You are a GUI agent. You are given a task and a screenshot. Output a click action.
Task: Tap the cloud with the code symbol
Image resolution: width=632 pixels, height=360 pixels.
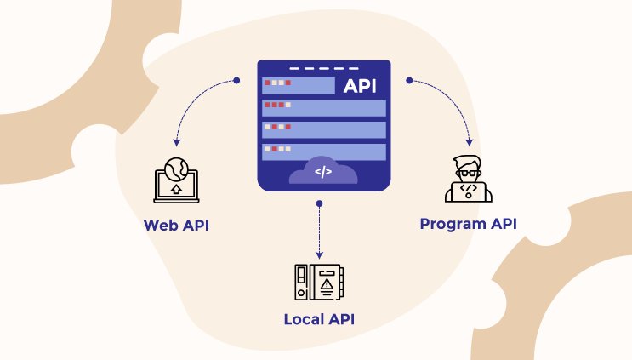coord(323,171)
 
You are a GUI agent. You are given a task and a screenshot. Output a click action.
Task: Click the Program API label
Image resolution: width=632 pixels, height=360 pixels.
coord(468,224)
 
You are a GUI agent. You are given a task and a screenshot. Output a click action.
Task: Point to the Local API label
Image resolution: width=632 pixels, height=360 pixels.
coord(319,319)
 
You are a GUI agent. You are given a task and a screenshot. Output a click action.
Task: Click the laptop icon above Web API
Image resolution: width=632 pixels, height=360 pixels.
coord(176,181)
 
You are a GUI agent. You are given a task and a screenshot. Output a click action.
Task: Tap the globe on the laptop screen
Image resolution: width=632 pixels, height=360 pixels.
coord(176,167)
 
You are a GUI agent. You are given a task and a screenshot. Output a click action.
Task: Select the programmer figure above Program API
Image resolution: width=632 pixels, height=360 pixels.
coord(468,179)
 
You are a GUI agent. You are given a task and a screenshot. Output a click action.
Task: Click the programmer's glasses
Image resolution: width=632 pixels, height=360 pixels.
coord(468,173)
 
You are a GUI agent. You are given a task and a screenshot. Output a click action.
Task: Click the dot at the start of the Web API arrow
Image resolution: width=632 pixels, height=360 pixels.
coord(236,82)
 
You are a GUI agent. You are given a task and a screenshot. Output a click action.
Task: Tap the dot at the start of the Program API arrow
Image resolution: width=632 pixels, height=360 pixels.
coord(409,81)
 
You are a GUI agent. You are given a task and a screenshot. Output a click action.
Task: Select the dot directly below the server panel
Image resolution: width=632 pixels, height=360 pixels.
coord(319,203)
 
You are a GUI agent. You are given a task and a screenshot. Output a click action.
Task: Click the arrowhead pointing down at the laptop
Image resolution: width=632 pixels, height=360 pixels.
coord(176,140)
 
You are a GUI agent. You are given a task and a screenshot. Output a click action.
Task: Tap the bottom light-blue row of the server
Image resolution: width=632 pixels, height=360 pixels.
coord(323,151)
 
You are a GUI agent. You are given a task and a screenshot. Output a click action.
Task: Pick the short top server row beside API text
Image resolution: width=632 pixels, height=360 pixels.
coord(298,85)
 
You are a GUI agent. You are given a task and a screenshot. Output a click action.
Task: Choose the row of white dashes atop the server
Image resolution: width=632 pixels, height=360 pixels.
coord(323,68)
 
